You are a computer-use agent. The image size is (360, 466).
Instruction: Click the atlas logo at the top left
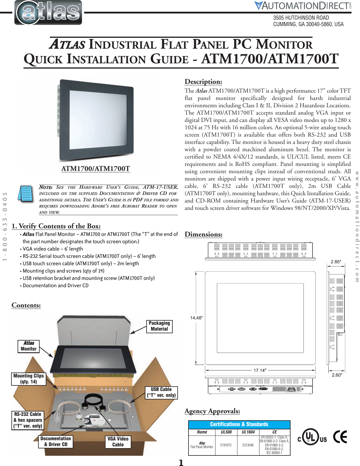point(48,13)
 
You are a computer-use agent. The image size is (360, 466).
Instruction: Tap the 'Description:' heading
point(203,82)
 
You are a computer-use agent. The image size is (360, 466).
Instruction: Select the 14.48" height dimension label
point(196,318)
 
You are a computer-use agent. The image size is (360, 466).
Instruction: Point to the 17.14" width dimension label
point(260,370)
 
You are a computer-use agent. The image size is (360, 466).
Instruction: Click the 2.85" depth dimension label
point(336,262)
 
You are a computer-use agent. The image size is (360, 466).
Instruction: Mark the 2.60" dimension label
point(337,375)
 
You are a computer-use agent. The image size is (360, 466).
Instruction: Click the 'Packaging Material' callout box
point(159,326)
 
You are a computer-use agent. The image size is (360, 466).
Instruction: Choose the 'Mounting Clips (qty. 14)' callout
point(29,379)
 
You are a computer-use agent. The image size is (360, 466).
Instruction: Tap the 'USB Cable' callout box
point(161,392)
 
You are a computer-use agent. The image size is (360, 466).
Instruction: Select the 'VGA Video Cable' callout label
point(118,442)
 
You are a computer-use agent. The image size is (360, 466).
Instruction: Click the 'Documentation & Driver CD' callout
point(56,441)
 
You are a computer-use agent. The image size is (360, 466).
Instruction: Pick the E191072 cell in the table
point(226,445)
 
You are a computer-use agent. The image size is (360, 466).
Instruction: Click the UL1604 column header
point(248,432)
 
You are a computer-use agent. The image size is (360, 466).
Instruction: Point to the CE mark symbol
point(340,437)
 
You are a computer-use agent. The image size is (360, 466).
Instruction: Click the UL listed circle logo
point(310,437)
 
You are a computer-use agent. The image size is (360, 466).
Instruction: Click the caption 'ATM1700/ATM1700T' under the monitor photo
point(96,169)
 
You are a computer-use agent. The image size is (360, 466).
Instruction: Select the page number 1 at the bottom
point(181,463)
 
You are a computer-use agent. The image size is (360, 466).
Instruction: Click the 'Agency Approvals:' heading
point(212,411)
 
